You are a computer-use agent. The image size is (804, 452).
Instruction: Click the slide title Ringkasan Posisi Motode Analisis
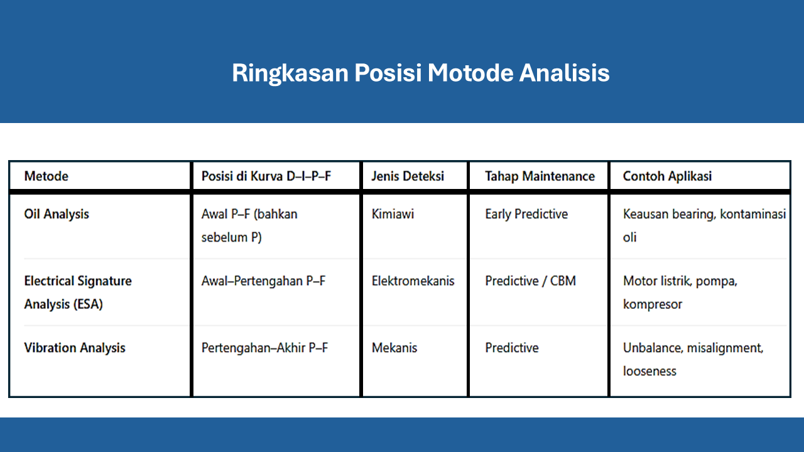click(420, 73)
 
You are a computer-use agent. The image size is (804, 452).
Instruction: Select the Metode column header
click(46, 176)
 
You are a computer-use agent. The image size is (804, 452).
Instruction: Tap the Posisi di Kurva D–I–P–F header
click(266, 176)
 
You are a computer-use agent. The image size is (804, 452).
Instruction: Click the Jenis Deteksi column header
click(408, 176)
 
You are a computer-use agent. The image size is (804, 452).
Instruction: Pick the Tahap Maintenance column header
click(540, 176)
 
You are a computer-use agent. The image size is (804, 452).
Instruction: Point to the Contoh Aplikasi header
click(667, 176)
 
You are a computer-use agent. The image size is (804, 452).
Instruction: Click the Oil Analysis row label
click(57, 214)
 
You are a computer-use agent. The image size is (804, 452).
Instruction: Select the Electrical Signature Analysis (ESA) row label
click(78, 293)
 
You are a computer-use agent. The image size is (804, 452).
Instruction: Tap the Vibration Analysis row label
click(75, 348)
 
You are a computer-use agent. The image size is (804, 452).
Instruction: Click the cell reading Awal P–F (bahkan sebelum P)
click(249, 226)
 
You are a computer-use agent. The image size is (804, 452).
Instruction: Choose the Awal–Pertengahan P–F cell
click(263, 281)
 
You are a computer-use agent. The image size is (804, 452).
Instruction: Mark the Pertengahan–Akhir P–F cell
click(264, 348)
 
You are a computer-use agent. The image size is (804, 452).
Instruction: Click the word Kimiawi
click(393, 214)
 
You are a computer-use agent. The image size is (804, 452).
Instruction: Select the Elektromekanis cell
click(413, 281)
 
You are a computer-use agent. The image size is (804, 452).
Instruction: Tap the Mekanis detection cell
click(394, 348)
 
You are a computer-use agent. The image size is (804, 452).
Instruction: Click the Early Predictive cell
click(526, 214)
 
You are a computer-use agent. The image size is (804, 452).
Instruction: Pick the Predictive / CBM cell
click(530, 281)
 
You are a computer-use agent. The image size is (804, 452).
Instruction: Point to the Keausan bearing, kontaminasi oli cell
click(703, 225)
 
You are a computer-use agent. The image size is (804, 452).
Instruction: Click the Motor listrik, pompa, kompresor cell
click(680, 293)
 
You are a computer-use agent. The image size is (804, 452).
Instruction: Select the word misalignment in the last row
click(726, 348)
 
